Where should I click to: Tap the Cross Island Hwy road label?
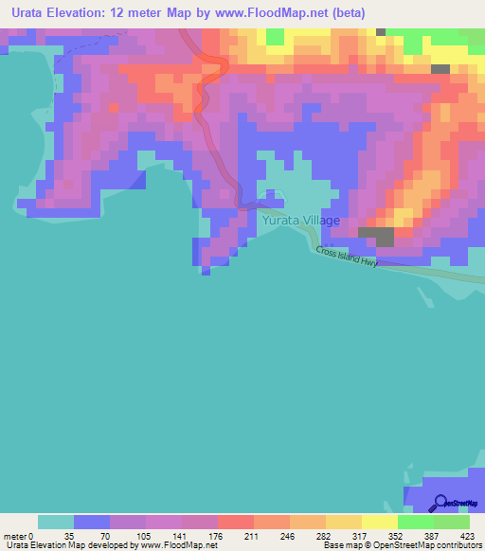click(347, 257)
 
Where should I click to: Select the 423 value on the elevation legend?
click(471, 536)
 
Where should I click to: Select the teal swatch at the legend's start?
click(56, 522)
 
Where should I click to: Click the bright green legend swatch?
click(416, 522)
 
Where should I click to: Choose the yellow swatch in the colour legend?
click(380, 522)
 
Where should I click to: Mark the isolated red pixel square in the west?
click(115, 108)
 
